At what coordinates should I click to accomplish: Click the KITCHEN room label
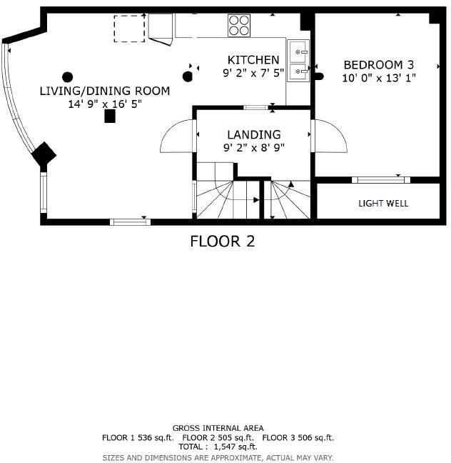click(x=253, y=59)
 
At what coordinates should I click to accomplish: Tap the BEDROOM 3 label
click(x=378, y=64)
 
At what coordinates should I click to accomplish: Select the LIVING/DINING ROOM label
click(x=105, y=91)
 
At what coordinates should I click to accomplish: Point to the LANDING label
click(x=253, y=134)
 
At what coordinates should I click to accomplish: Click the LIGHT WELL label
click(x=383, y=204)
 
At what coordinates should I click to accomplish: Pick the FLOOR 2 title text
click(x=222, y=242)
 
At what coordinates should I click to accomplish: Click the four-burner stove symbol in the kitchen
click(x=239, y=26)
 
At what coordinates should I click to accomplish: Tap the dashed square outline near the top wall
click(x=129, y=29)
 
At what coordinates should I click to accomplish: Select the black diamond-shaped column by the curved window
click(x=44, y=154)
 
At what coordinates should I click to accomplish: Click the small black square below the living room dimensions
click(x=110, y=116)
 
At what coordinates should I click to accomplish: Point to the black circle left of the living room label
click(x=68, y=77)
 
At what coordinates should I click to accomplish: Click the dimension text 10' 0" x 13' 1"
click(x=378, y=77)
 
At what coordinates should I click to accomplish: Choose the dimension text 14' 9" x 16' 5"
click(x=105, y=104)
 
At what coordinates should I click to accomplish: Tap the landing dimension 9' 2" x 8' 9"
click(x=253, y=148)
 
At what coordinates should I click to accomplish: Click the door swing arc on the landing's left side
click(x=177, y=136)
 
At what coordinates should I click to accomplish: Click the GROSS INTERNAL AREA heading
click(x=218, y=428)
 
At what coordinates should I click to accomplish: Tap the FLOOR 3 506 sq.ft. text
click(x=298, y=437)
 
